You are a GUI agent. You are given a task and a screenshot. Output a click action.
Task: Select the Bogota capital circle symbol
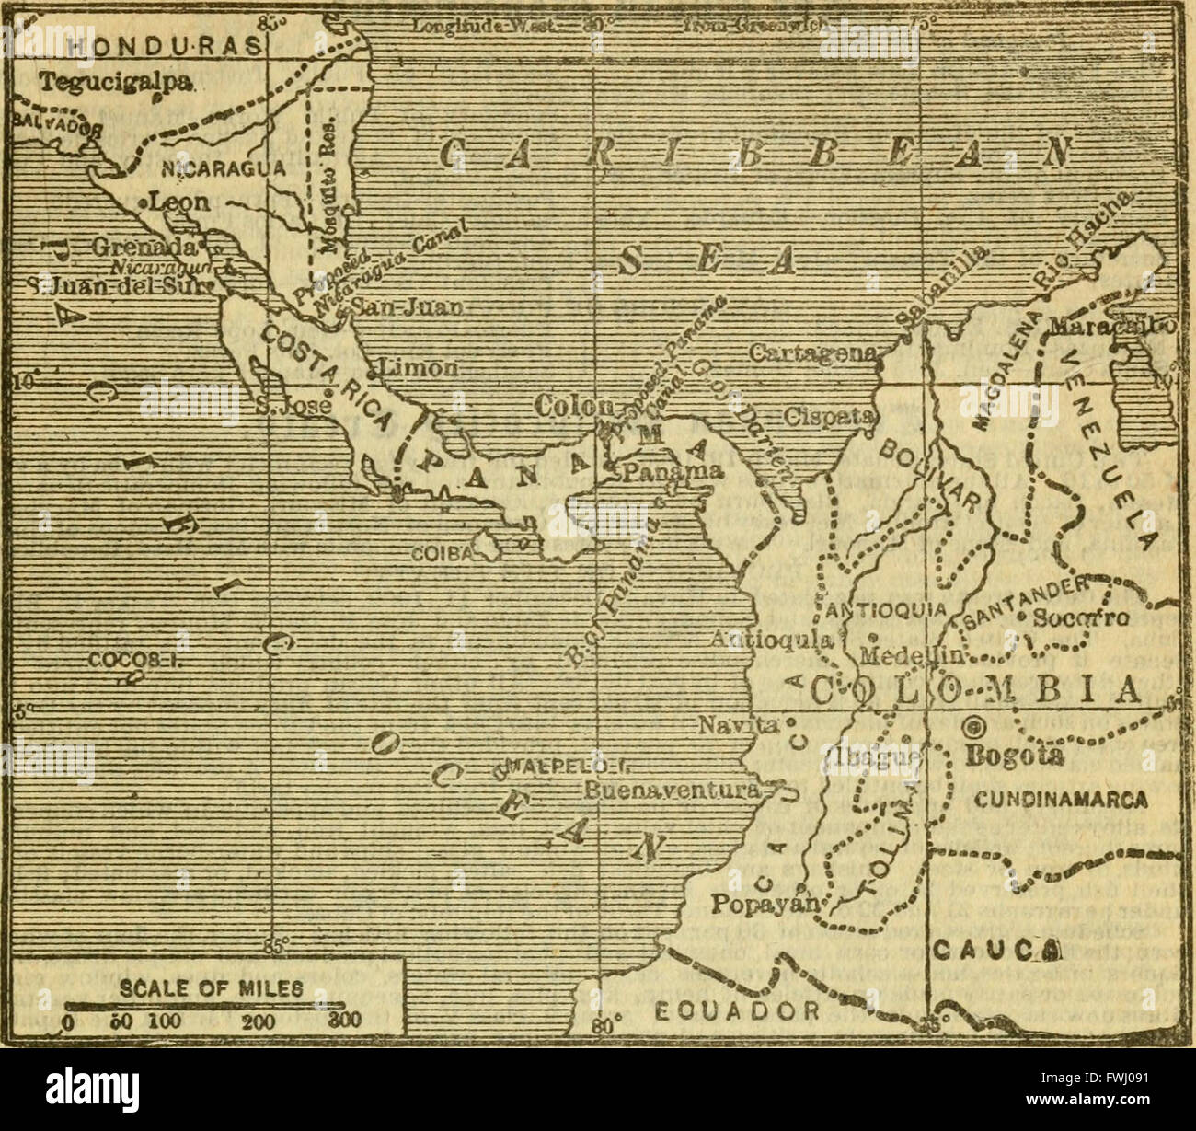[972, 727]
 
